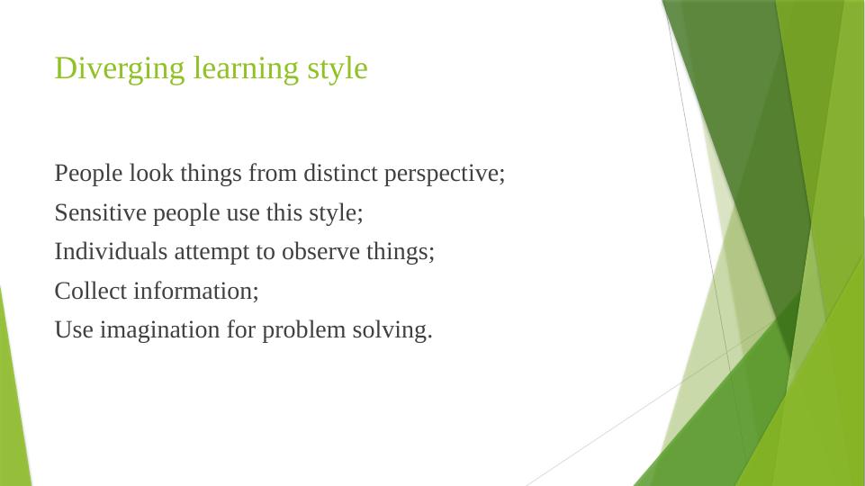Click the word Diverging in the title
tap(120, 69)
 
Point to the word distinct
tap(340, 173)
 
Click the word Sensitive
tap(101, 212)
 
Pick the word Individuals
tap(111, 252)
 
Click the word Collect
tap(91, 291)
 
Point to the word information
tap(196, 291)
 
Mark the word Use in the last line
tap(74, 330)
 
